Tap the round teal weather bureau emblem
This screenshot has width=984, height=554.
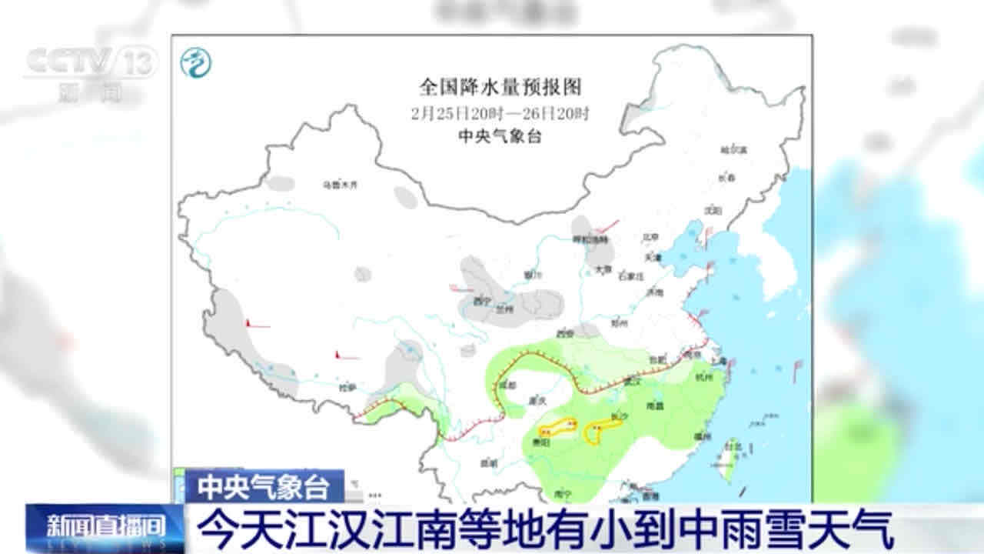pos(196,63)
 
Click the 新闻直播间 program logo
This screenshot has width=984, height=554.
pos(106,528)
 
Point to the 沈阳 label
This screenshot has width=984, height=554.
pos(714,209)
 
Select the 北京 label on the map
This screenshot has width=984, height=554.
pos(651,238)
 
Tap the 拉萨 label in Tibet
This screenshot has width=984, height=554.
pos(347,388)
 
